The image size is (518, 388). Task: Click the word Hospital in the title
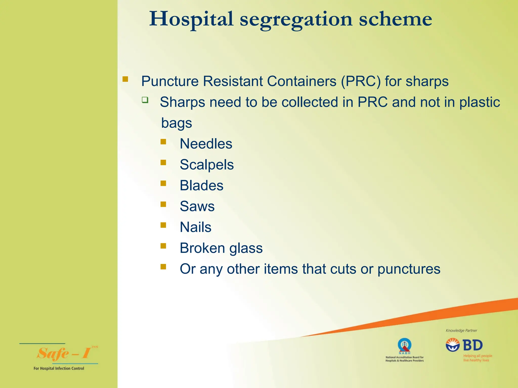point(191,19)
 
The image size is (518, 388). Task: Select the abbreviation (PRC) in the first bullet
point(361,81)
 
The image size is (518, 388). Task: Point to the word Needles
point(206,144)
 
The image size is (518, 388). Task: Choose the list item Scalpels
point(207,165)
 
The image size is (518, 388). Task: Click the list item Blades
point(201,185)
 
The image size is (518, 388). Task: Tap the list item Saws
point(197,206)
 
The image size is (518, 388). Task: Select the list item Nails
point(196,227)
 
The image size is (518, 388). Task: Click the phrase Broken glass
point(221,248)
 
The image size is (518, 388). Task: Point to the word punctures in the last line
point(409,269)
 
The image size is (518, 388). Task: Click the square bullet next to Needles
point(163,142)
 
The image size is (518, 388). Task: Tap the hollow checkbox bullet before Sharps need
point(145,100)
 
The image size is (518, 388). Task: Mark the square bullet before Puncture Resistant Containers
point(125,79)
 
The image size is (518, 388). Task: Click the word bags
point(177,123)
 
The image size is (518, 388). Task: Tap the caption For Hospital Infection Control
point(59,368)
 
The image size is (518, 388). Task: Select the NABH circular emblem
point(404,345)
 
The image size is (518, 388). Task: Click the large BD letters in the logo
point(472,345)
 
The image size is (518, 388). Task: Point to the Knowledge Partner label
point(461,330)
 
